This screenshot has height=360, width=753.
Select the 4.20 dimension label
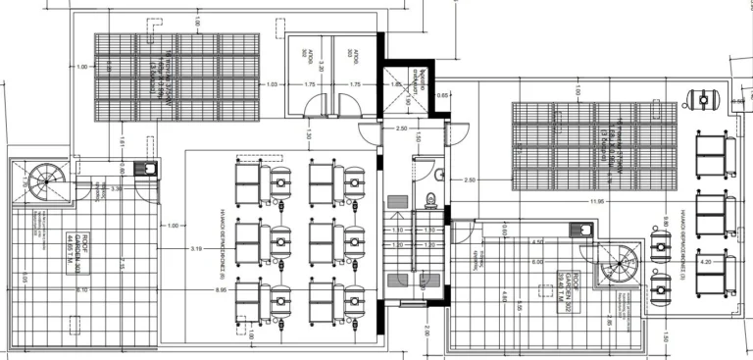(x=704, y=263)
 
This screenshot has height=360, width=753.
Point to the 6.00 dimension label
(x=537, y=262)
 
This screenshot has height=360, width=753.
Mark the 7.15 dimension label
(x=121, y=265)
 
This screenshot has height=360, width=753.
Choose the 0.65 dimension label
(x=443, y=95)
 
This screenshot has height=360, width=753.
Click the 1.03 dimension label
(x=273, y=85)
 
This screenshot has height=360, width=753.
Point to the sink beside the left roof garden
(x=149, y=170)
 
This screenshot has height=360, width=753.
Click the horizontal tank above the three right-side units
(x=702, y=98)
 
